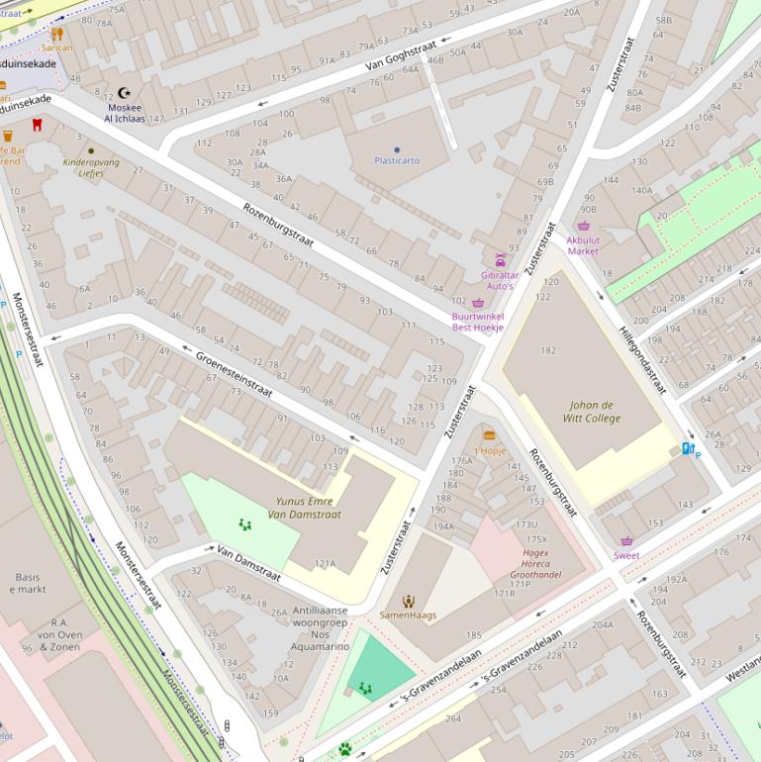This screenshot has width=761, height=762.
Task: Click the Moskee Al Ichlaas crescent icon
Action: pyautogui.click(x=124, y=93)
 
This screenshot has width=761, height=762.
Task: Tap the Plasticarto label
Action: pyautogui.click(x=397, y=160)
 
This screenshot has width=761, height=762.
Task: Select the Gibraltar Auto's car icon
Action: pyautogui.click(x=500, y=260)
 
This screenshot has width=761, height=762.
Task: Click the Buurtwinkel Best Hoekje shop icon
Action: pyautogui.click(x=478, y=303)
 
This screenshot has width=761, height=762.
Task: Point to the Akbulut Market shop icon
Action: pyautogui.click(x=583, y=226)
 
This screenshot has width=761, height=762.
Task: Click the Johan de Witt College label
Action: pyautogui.click(x=592, y=412)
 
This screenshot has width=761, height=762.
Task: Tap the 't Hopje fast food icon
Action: pyautogui.click(x=489, y=435)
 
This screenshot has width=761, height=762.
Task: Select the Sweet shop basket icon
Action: pyautogui.click(x=626, y=541)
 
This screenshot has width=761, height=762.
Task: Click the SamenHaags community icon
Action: pyautogui.click(x=408, y=601)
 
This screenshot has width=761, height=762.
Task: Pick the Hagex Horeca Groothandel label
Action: pyautogui.click(x=534, y=563)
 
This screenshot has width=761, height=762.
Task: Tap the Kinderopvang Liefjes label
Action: pyautogui.click(x=91, y=166)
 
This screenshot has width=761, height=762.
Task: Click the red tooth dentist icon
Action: pyautogui.click(x=38, y=125)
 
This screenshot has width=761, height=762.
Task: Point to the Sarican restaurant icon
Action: pyautogui.click(x=56, y=33)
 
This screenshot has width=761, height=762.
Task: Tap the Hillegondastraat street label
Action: pyautogui.click(x=642, y=361)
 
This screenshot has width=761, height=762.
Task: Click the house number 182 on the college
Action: pyautogui.click(x=548, y=350)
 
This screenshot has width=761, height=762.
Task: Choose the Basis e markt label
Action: pyautogui.click(x=28, y=583)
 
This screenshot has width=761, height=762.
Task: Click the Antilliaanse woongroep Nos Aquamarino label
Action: pyautogui.click(x=320, y=628)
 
